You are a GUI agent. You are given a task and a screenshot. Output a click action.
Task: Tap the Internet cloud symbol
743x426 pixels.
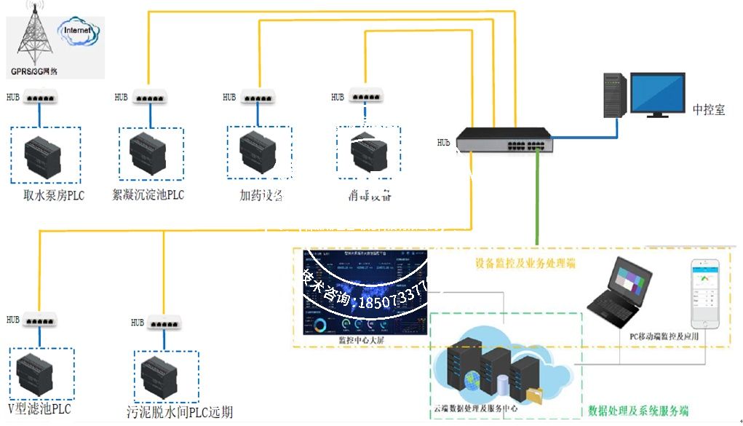[78, 32]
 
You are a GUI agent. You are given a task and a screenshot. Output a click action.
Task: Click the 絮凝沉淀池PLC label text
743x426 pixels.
[148, 195]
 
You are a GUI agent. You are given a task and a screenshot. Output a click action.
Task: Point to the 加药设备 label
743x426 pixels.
[261, 195]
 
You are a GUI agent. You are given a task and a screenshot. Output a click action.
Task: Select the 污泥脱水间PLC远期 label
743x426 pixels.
[180, 412]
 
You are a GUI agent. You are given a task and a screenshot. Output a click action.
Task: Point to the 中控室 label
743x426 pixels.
[708, 110]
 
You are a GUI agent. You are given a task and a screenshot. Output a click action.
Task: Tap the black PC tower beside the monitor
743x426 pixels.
[613, 95]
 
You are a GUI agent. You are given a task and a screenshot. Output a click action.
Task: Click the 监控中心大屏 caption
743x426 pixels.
[362, 340]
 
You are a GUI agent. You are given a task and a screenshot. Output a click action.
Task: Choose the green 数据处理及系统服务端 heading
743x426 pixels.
[638, 410]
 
